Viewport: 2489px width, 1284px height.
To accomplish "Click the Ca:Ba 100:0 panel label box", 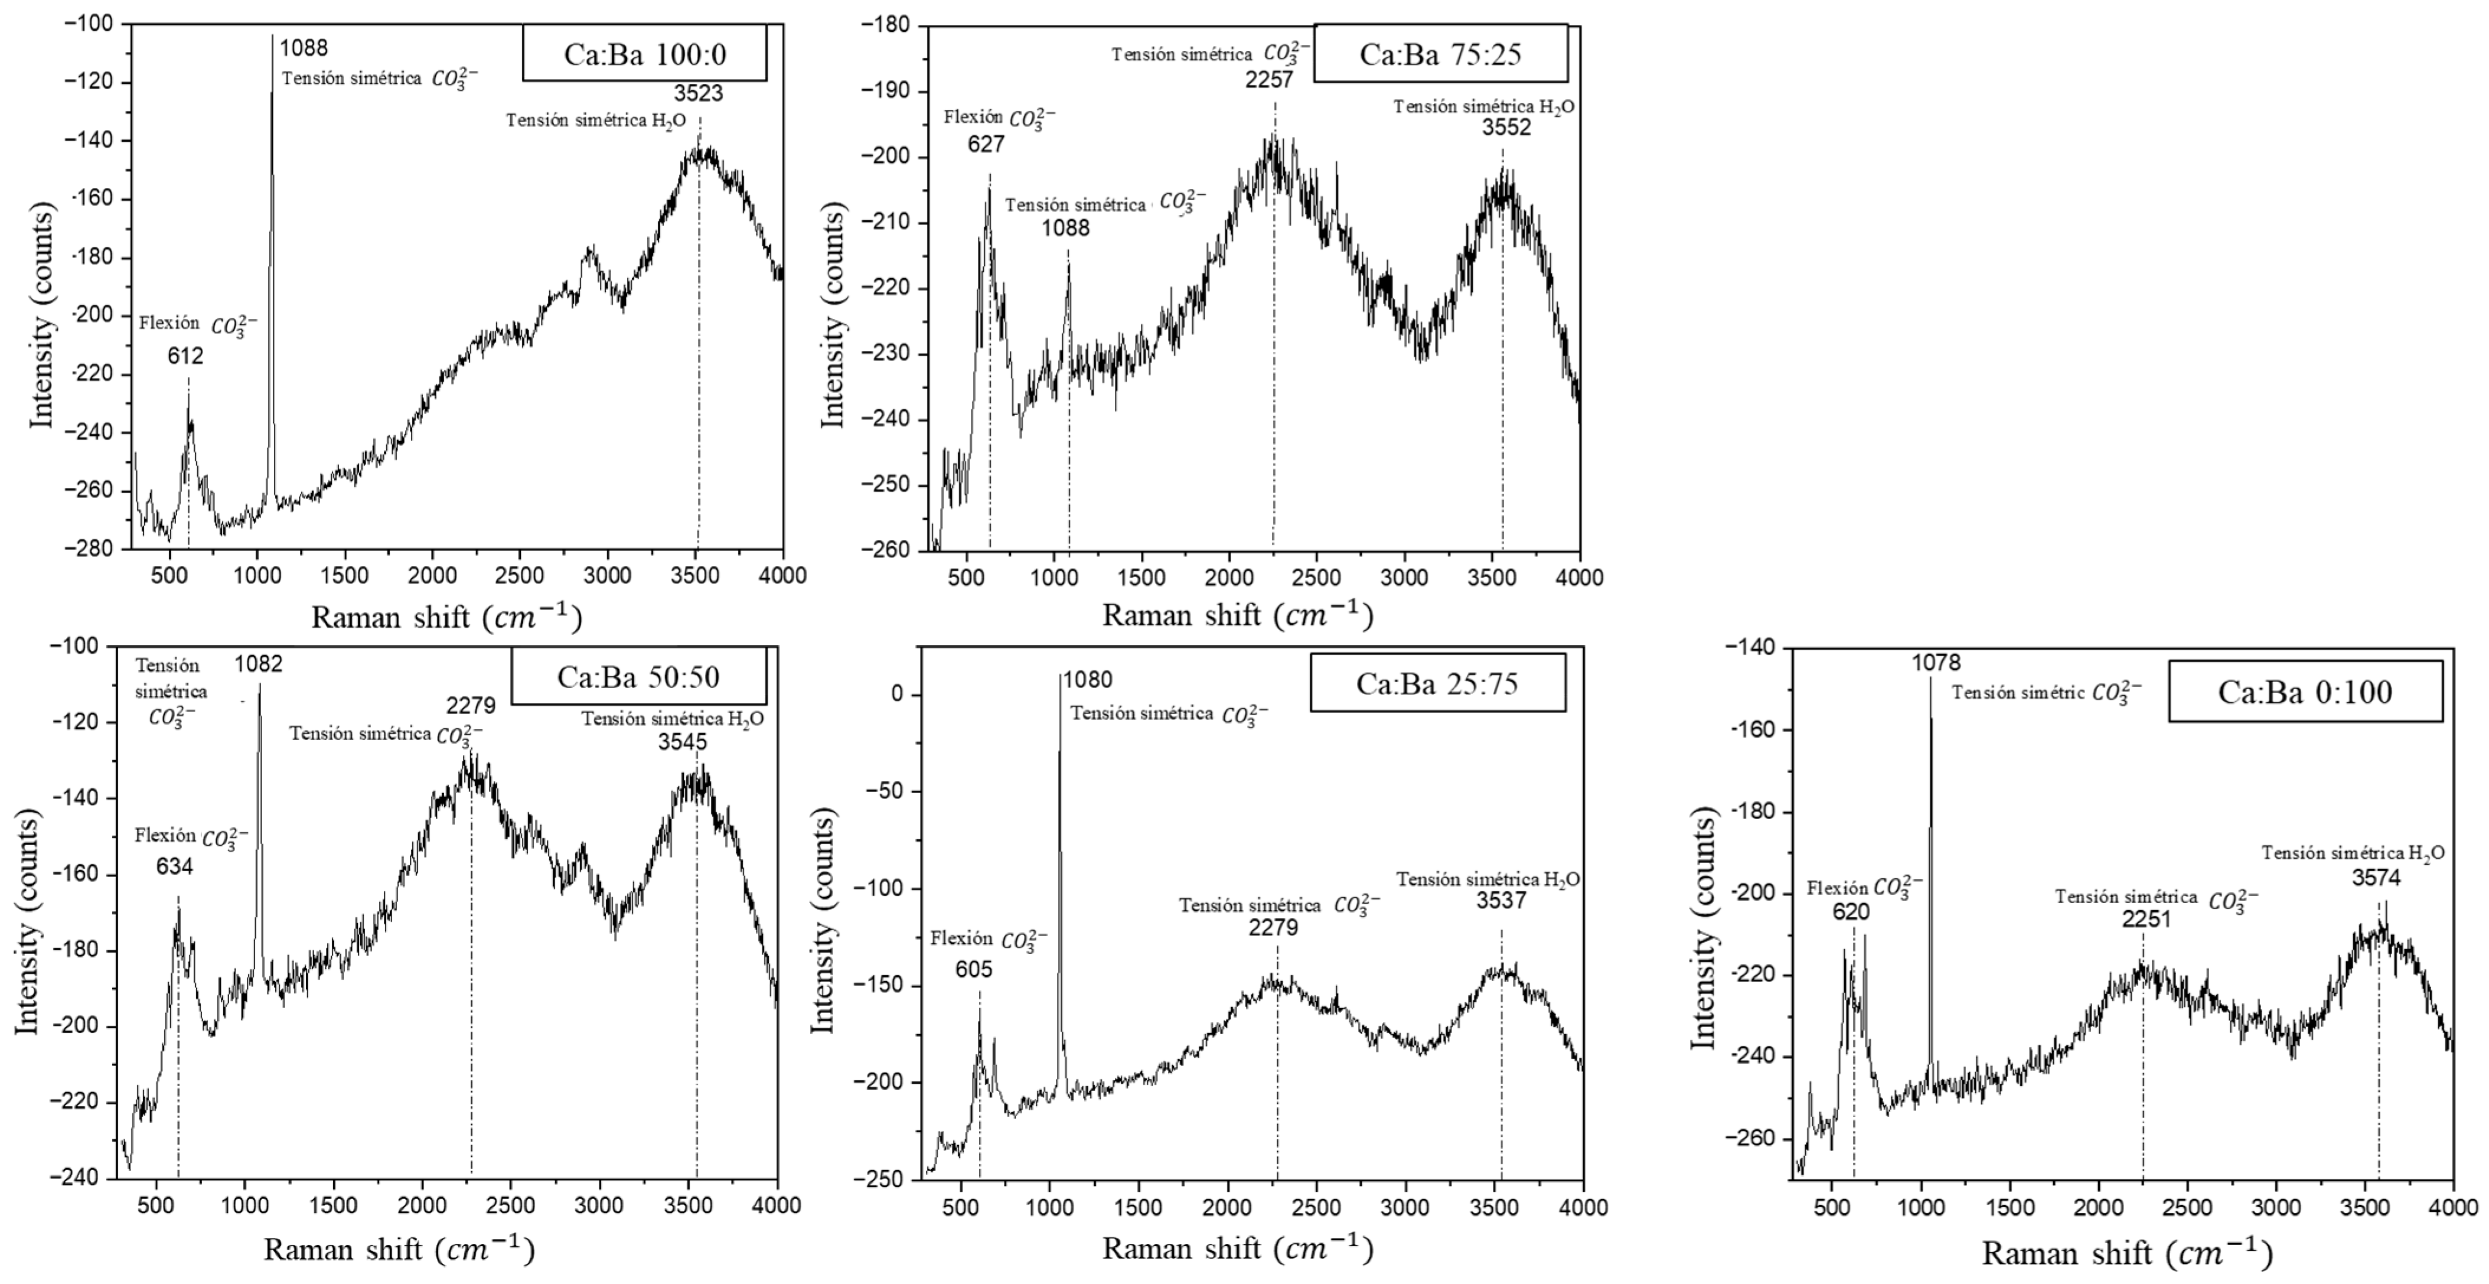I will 644,54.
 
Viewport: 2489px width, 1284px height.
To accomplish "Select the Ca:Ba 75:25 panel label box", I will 1440,54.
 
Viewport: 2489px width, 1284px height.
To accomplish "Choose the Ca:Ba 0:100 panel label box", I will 2304,692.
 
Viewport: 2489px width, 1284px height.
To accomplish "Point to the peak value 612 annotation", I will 185,357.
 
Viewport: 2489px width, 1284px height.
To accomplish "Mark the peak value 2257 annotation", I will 1268,80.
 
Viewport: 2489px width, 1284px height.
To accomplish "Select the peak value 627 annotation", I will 986,145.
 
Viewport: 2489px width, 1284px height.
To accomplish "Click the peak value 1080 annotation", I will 1087,680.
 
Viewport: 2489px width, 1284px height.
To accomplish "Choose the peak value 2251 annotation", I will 2146,920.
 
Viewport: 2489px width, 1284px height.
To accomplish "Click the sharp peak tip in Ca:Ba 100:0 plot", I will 272,38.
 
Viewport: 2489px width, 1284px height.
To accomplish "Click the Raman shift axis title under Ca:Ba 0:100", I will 2126,1253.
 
